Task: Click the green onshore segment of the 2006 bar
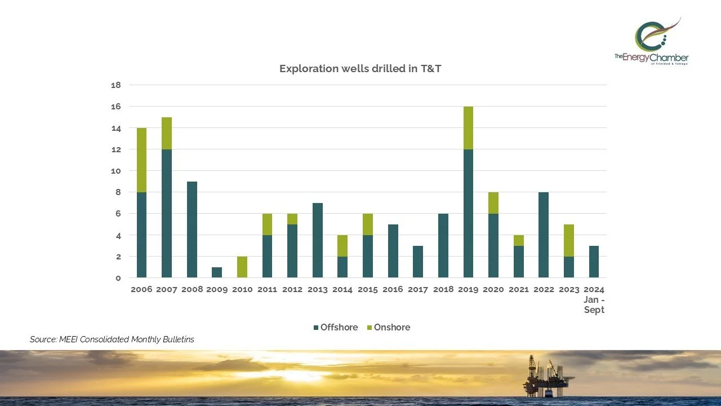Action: pos(141,160)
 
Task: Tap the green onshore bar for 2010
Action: pos(242,267)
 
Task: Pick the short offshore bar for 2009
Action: pos(217,272)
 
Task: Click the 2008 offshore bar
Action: pos(192,229)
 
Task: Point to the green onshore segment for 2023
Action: pos(569,240)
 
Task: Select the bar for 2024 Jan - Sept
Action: pos(594,261)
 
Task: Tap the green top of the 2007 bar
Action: pos(167,133)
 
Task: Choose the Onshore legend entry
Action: pos(388,327)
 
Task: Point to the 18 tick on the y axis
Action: pos(116,85)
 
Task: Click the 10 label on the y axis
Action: pos(116,171)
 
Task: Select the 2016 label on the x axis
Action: pos(393,289)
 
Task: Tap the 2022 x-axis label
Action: pos(544,289)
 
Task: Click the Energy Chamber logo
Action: pos(652,42)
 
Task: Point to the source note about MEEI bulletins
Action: pos(112,339)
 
